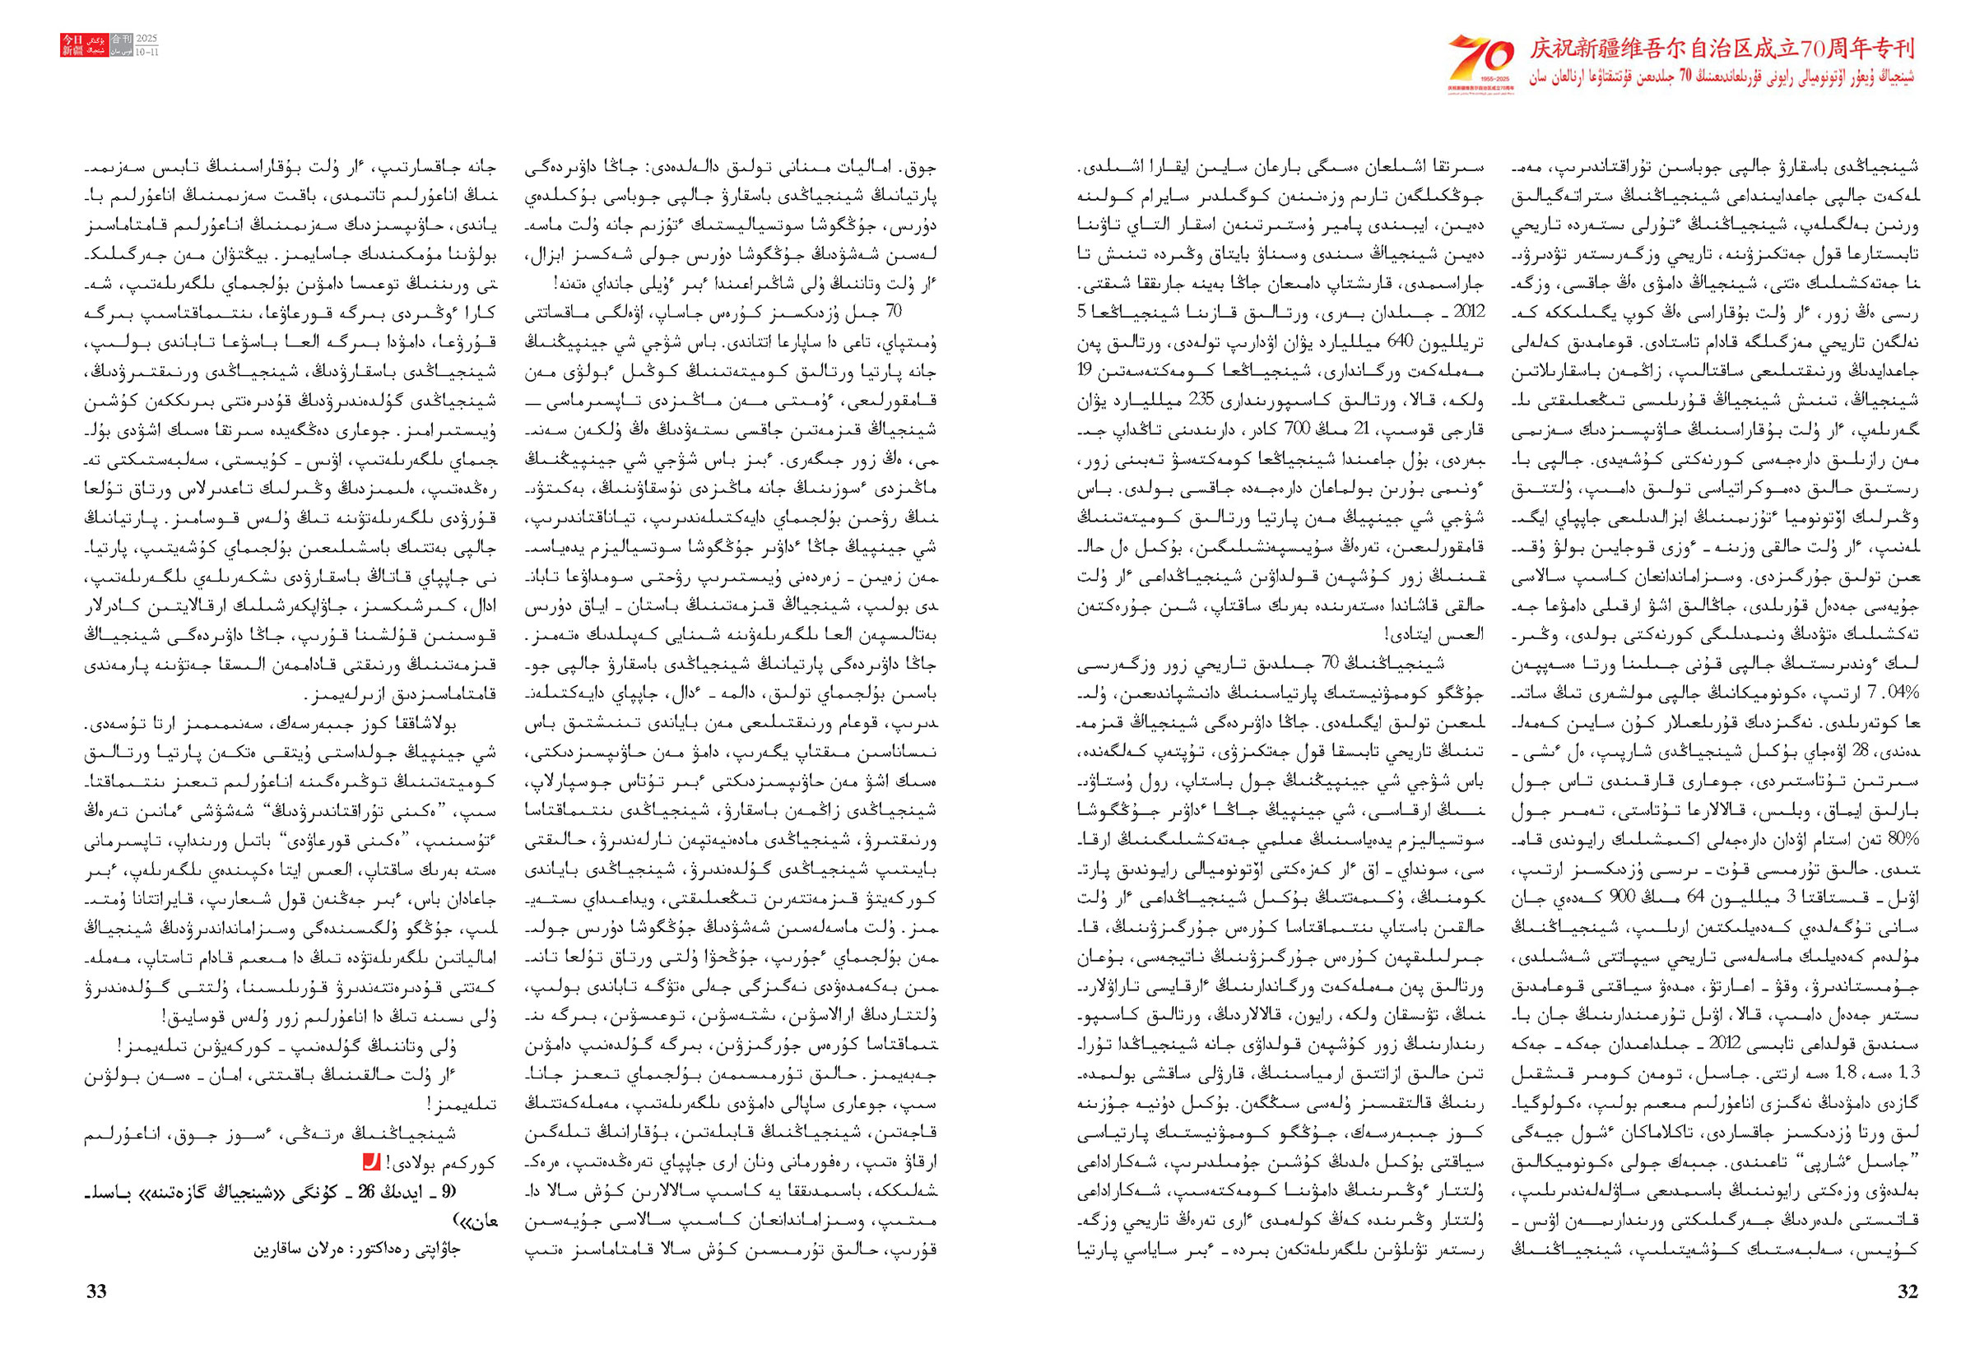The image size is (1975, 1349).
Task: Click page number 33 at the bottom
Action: click(96, 1291)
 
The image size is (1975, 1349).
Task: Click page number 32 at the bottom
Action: click(1907, 1291)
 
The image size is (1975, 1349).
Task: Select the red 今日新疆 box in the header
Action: click(72, 45)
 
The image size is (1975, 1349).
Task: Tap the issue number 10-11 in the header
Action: click(147, 51)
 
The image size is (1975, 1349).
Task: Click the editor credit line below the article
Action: click(374, 1250)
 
